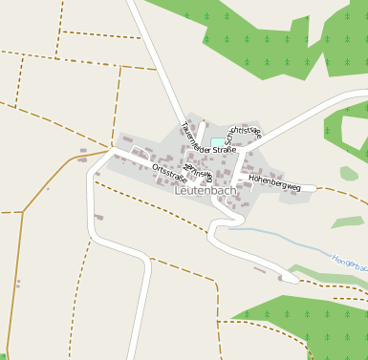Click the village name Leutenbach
click(x=206, y=191)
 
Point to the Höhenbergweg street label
click(x=274, y=182)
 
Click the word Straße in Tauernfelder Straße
click(x=224, y=150)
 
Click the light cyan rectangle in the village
click(x=219, y=142)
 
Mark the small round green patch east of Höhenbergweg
click(x=349, y=173)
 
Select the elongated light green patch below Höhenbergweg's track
click(x=348, y=222)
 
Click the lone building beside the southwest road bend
click(x=99, y=218)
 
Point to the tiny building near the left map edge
click(x=17, y=284)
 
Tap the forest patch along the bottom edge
click(x=296, y=329)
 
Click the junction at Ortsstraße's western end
click(x=116, y=150)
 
